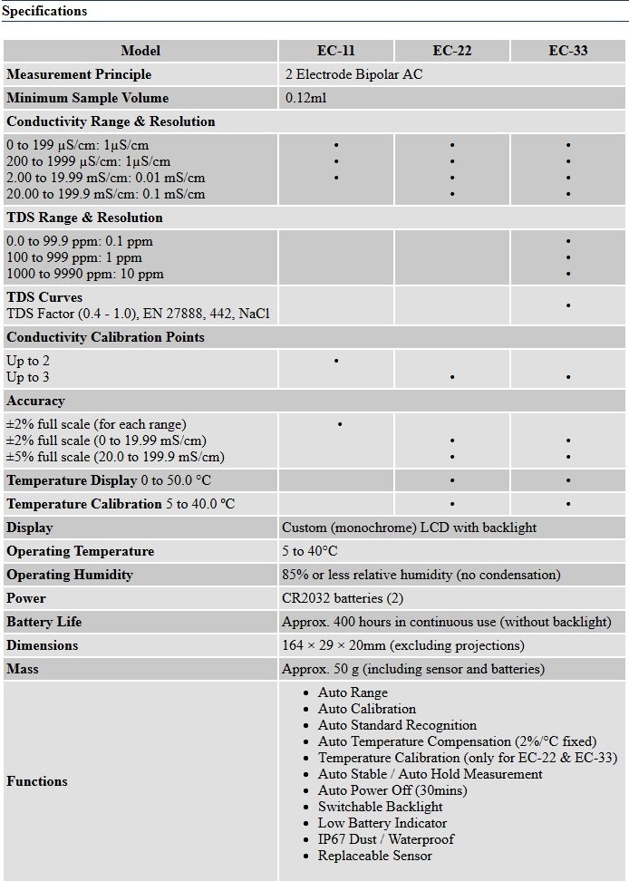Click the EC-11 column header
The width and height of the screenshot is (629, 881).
point(335,51)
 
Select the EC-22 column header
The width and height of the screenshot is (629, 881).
point(451,51)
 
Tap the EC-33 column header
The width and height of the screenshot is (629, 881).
point(568,51)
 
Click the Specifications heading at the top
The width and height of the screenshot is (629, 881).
point(44,11)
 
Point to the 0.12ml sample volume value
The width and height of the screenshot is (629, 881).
point(305,98)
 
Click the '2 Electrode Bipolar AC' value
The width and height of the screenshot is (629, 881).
point(353,74)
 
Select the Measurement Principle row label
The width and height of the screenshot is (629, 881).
point(79,74)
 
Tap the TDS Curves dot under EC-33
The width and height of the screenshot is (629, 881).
point(568,305)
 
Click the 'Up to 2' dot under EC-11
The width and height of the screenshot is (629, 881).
point(336,361)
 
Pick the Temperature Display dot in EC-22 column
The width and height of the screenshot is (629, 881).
point(452,480)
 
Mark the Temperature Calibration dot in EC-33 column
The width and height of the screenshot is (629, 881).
point(568,504)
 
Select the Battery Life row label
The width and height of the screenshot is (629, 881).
point(44,622)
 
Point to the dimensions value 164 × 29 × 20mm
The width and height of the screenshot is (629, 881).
point(402,645)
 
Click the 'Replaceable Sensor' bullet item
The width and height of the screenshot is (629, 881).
point(374,856)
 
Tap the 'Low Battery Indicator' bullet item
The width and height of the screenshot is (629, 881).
point(382,823)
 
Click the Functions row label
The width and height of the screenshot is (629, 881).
point(37,781)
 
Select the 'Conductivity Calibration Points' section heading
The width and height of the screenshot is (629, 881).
point(105,337)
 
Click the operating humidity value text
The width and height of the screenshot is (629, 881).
point(421,575)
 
